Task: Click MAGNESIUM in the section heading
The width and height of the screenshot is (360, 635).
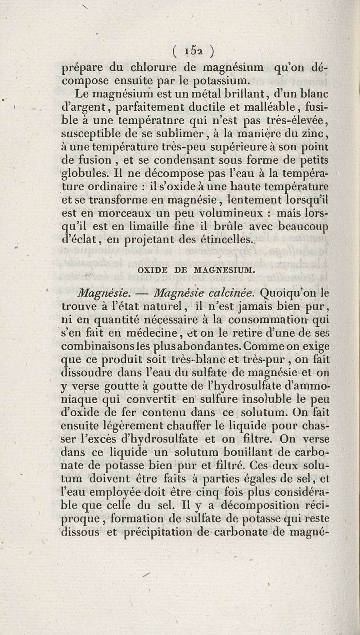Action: click(224, 270)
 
